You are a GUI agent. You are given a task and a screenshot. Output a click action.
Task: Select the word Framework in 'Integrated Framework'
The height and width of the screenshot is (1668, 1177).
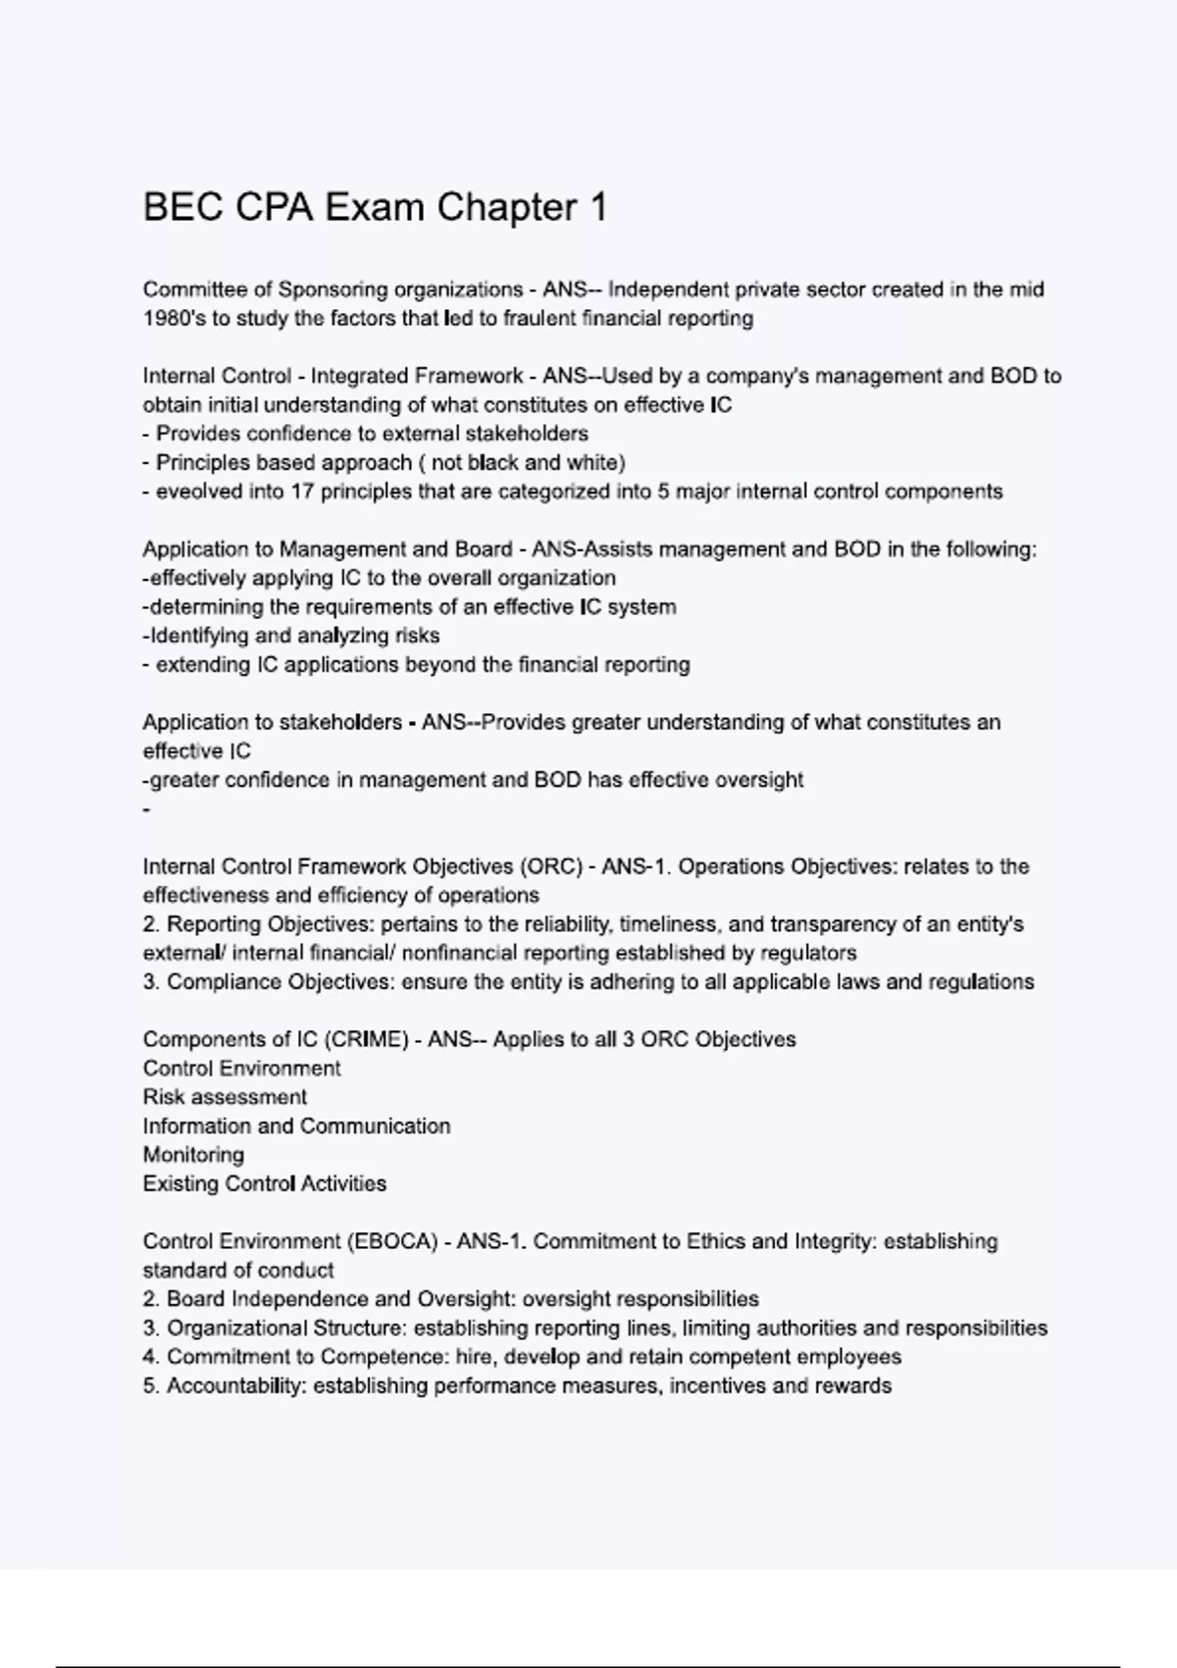[478, 376]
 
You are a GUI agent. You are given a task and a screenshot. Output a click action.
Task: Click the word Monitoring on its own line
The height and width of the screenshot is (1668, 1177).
[193, 1155]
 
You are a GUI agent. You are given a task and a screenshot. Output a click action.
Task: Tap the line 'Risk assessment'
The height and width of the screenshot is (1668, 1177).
[225, 1097]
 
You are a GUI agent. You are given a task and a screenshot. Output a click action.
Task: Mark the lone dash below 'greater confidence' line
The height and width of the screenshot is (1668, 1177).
[147, 810]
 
